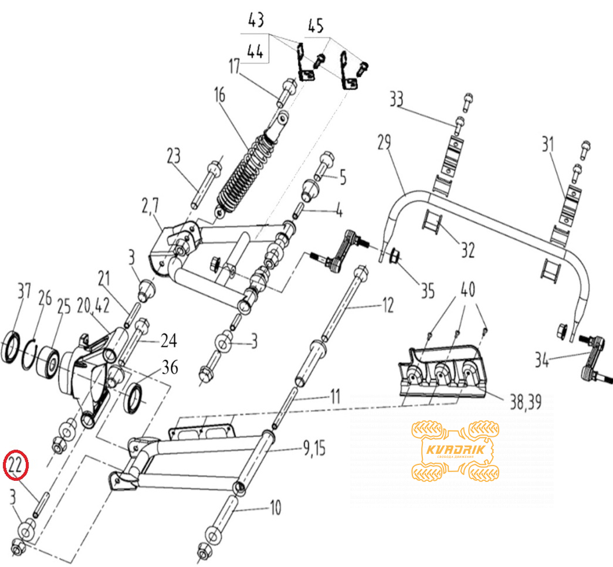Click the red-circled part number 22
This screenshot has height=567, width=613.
[x=16, y=464]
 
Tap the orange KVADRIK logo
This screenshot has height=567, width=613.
[x=455, y=450]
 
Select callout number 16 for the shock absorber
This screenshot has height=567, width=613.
[x=220, y=95]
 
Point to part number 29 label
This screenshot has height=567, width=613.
[x=384, y=142]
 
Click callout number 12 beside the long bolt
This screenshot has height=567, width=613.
[x=387, y=305]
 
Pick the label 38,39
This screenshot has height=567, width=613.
[x=526, y=402]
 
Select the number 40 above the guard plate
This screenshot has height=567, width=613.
[x=468, y=289]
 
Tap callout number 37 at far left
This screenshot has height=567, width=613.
[x=24, y=292]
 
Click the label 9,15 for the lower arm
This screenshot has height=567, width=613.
[x=314, y=448]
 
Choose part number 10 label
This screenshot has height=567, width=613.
[x=276, y=507]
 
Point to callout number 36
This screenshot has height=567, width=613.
[x=170, y=367]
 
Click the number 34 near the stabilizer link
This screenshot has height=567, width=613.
[x=542, y=359]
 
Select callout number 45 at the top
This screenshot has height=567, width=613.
[x=316, y=25]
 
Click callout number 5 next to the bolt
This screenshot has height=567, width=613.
[x=343, y=178]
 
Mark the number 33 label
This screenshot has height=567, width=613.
[x=396, y=99]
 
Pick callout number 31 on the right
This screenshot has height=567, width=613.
[x=548, y=144]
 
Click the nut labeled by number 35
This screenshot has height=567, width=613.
[x=394, y=257]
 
